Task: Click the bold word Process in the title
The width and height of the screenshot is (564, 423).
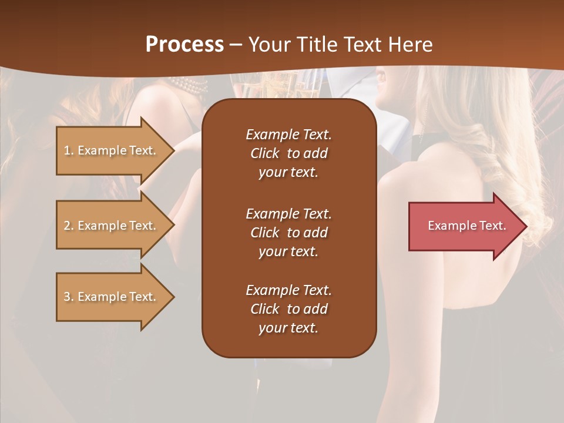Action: [184, 45]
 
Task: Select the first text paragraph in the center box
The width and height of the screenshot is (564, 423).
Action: [288, 153]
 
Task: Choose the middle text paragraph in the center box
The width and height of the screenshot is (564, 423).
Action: [288, 233]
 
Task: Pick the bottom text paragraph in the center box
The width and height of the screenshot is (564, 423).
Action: [288, 309]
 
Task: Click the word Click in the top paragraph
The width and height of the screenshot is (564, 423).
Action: [265, 154]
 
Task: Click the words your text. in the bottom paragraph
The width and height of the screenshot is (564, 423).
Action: [288, 328]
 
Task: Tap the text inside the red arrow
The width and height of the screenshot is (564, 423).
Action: [466, 226]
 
